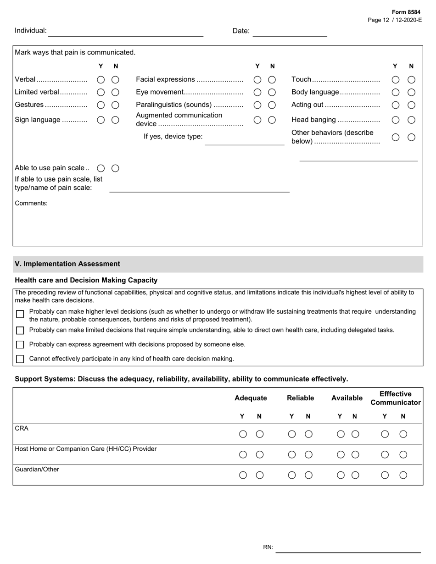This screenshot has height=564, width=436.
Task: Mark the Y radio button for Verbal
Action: [x=101, y=80]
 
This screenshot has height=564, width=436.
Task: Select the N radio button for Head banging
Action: [x=412, y=120]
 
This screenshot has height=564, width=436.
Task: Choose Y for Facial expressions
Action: [x=257, y=80]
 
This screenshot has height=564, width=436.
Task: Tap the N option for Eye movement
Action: [x=272, y=92]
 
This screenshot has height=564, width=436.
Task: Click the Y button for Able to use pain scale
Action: [x=101, y=168]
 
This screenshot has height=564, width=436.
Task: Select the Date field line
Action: [x=290, y=32]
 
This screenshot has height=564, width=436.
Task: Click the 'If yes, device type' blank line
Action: [x=244, y=141]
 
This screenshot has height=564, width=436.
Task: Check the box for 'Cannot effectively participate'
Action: [x=20, y=359]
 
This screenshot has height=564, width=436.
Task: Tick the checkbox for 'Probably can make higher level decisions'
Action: [x=20, y=315]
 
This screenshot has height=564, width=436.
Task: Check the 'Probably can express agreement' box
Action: [x=20, y=345]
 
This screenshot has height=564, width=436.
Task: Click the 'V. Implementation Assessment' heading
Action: [x=67, y=264]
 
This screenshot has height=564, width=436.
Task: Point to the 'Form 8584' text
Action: [x=406, y=12]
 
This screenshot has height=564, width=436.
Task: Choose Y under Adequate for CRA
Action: [x=243, y=434]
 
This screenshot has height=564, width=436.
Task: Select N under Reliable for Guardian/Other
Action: [x=309, y=476]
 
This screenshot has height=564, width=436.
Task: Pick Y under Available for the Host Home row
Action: [x=341, y=455]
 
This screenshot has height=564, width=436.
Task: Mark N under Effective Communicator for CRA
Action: [x=403, y=434]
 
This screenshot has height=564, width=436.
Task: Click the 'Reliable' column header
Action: [x=300, y=398]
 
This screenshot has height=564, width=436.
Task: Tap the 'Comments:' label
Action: [x=31, y=203]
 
